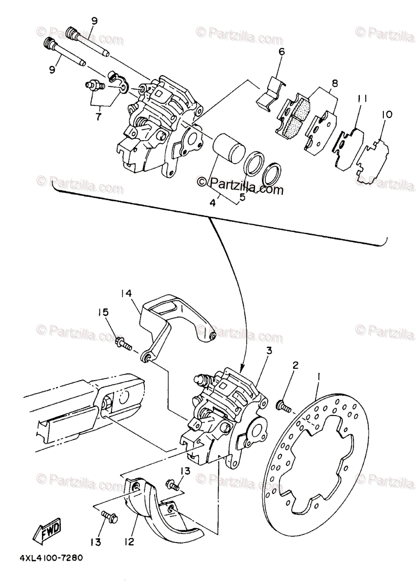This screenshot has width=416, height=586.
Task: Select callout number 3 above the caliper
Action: click(x=269, y=351)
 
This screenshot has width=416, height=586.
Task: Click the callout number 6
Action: click(x=281, y=52)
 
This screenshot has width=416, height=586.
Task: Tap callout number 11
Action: click(x=360, y=99)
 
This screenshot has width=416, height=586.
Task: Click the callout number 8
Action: click(x=333, y=83)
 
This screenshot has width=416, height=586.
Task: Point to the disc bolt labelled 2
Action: click(x=283, y=405)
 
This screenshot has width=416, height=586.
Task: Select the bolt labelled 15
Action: click(x=122, y=343)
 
